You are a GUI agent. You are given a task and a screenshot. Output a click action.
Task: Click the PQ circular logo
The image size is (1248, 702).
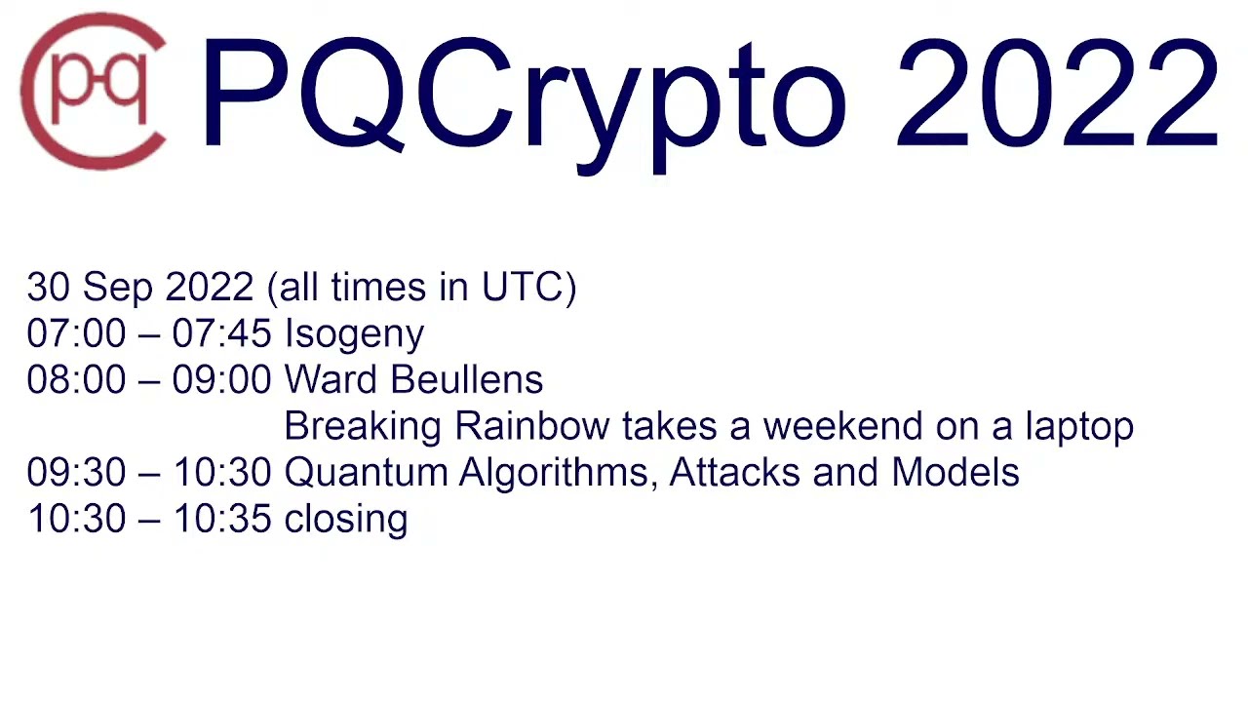(x=94, y=92)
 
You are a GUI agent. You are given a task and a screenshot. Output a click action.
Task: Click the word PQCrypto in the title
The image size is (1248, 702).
(x=523, y=97)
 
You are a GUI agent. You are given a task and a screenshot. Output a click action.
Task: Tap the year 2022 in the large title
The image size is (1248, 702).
(x=1057, y=96)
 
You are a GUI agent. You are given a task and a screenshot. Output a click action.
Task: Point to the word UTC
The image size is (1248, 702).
(x=524, y=288)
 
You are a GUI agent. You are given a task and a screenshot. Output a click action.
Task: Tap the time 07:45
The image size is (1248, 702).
(x=221, y=334)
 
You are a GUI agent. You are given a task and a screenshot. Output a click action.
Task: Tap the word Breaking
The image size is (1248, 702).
(x=363, y=427)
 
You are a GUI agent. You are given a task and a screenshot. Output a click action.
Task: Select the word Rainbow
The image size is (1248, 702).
(x=531, y=427)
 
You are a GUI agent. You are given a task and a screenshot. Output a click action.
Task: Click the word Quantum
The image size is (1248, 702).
(x=365, y=473)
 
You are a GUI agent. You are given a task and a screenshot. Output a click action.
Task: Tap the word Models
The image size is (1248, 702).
(x=955, y=473)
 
